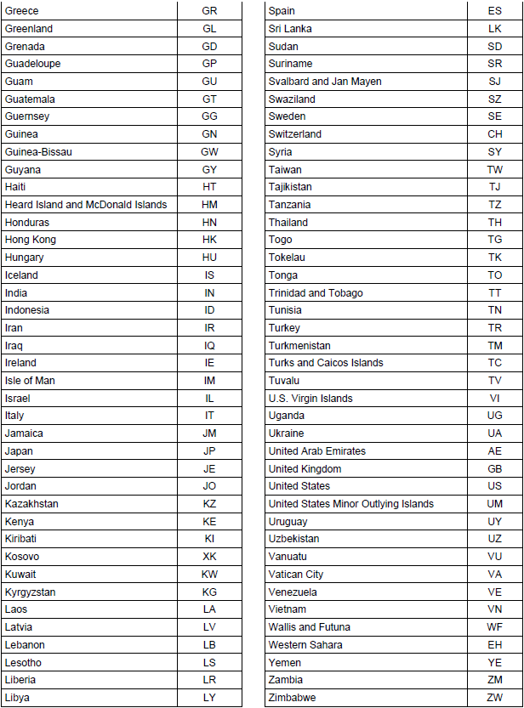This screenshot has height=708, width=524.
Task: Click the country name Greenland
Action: pos(28,28)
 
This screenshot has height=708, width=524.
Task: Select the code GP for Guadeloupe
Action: pos(209,64)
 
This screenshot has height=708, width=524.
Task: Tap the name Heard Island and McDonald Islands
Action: pos(86,205)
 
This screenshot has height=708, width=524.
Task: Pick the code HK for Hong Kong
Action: pos(209,240)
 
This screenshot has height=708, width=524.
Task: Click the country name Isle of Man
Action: pos(30,381)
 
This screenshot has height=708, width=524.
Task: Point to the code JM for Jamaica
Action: pos(209,433)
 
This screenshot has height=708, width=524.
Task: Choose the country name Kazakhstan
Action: pos(31,504)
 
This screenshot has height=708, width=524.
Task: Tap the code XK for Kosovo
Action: pos(209,557)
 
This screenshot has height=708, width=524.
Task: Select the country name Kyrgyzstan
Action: pos(30,592)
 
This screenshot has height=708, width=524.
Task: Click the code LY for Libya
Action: pos(209,698)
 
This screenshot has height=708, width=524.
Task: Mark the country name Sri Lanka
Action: pos(290,28)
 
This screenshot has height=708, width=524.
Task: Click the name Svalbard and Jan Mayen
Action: pos(325,82)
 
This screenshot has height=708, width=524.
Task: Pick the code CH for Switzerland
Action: pos(495,134)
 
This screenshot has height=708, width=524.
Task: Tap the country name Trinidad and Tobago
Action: pos(316,293)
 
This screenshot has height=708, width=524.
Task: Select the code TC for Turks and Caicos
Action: pos(495,363)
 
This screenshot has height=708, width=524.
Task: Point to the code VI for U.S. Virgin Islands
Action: pos(495,399)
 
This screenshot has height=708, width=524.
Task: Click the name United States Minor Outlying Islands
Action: pos(351,504)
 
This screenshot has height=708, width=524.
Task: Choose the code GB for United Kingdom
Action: pos(495,469)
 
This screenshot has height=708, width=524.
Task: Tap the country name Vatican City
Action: pos(296,575)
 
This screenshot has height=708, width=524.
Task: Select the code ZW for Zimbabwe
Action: pos(495,698)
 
